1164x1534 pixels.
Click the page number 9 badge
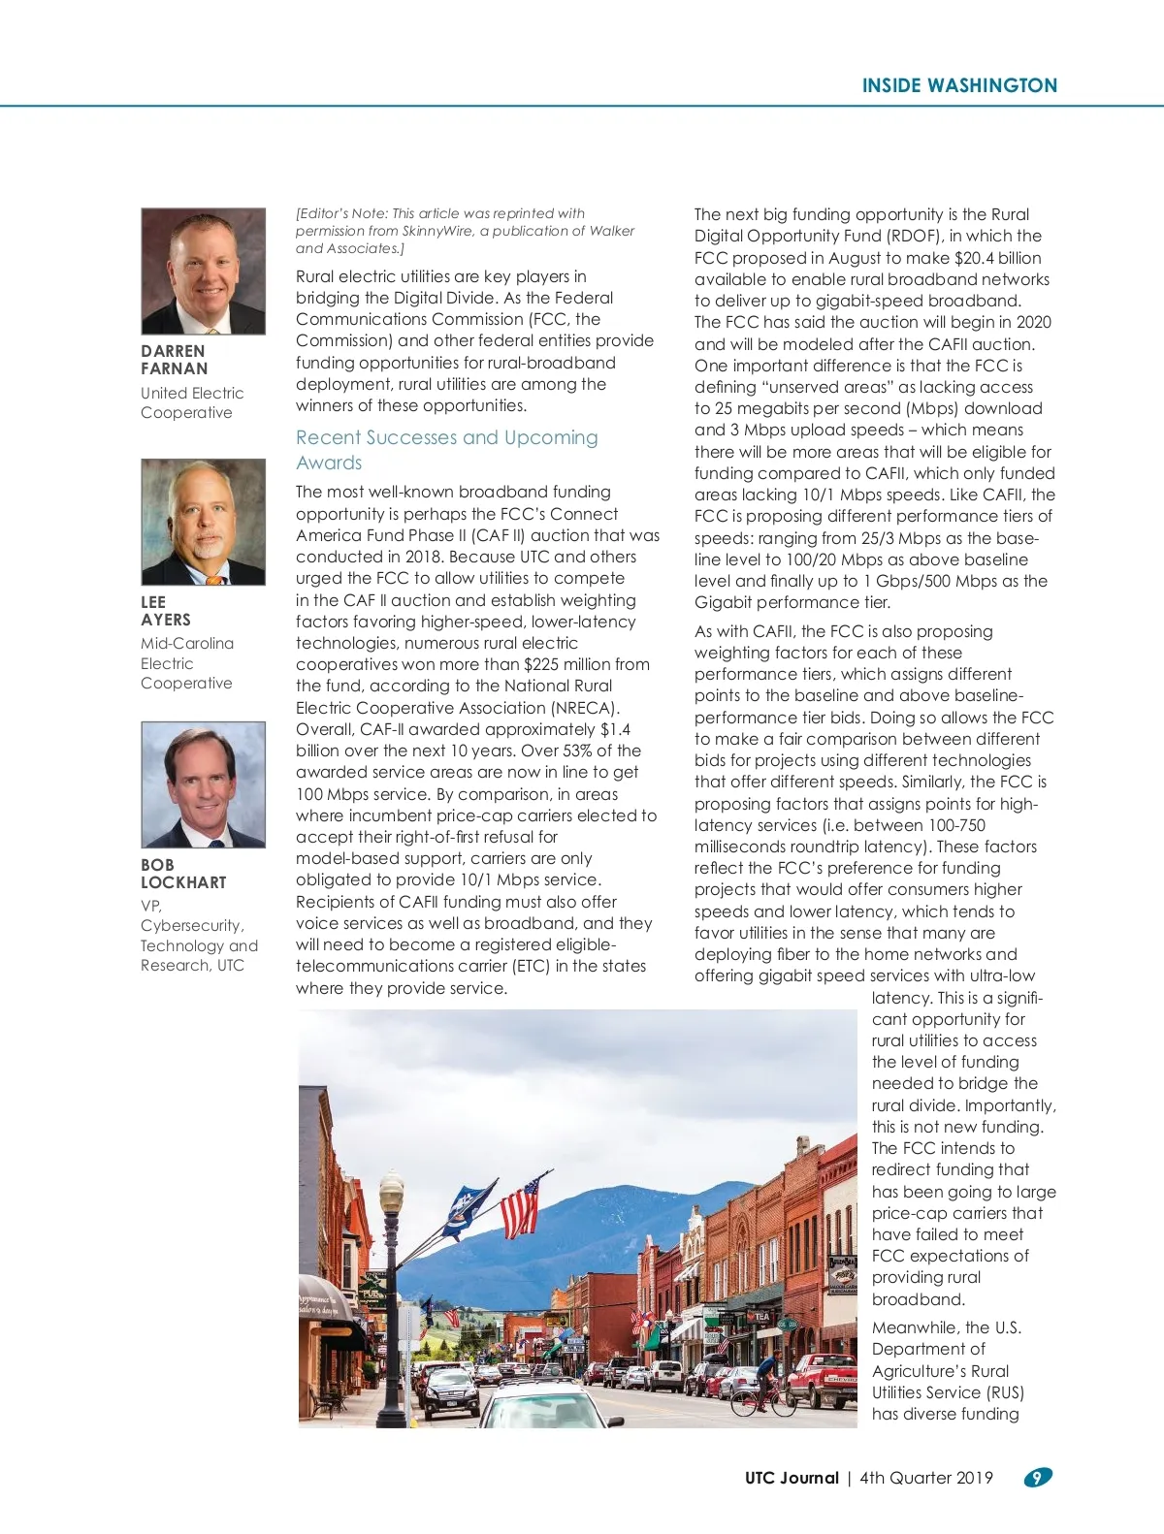1037,1478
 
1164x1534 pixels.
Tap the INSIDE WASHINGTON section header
959,85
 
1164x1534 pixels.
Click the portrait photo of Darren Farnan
203,272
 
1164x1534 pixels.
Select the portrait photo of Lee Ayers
203,522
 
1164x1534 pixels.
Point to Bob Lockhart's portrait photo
203,784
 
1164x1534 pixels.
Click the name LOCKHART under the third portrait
183,882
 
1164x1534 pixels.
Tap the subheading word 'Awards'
329,463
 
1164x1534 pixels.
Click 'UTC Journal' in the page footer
792,1478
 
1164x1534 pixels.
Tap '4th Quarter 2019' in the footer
926,1478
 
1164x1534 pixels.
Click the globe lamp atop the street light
391,1190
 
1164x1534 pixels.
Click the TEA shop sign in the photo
761,1317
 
